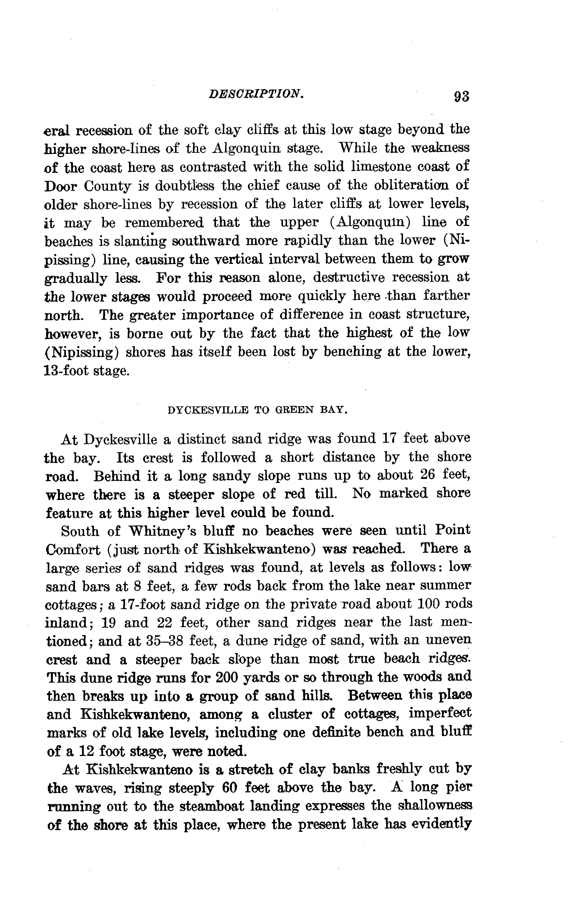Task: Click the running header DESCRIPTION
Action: coord(256,94)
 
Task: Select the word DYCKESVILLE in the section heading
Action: coord(208,410)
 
